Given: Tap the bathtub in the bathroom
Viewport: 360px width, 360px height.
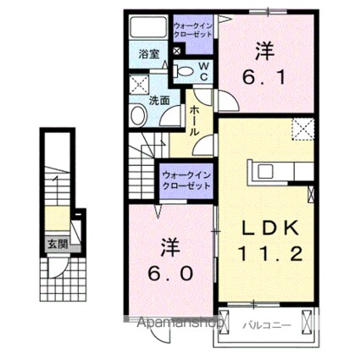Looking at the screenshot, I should point(149,27).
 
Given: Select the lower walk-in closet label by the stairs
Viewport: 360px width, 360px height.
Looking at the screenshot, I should point(186,179).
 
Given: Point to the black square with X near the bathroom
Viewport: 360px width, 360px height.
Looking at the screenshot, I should point(176,52).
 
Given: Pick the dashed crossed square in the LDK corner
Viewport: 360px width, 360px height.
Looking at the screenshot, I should point(302,128).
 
